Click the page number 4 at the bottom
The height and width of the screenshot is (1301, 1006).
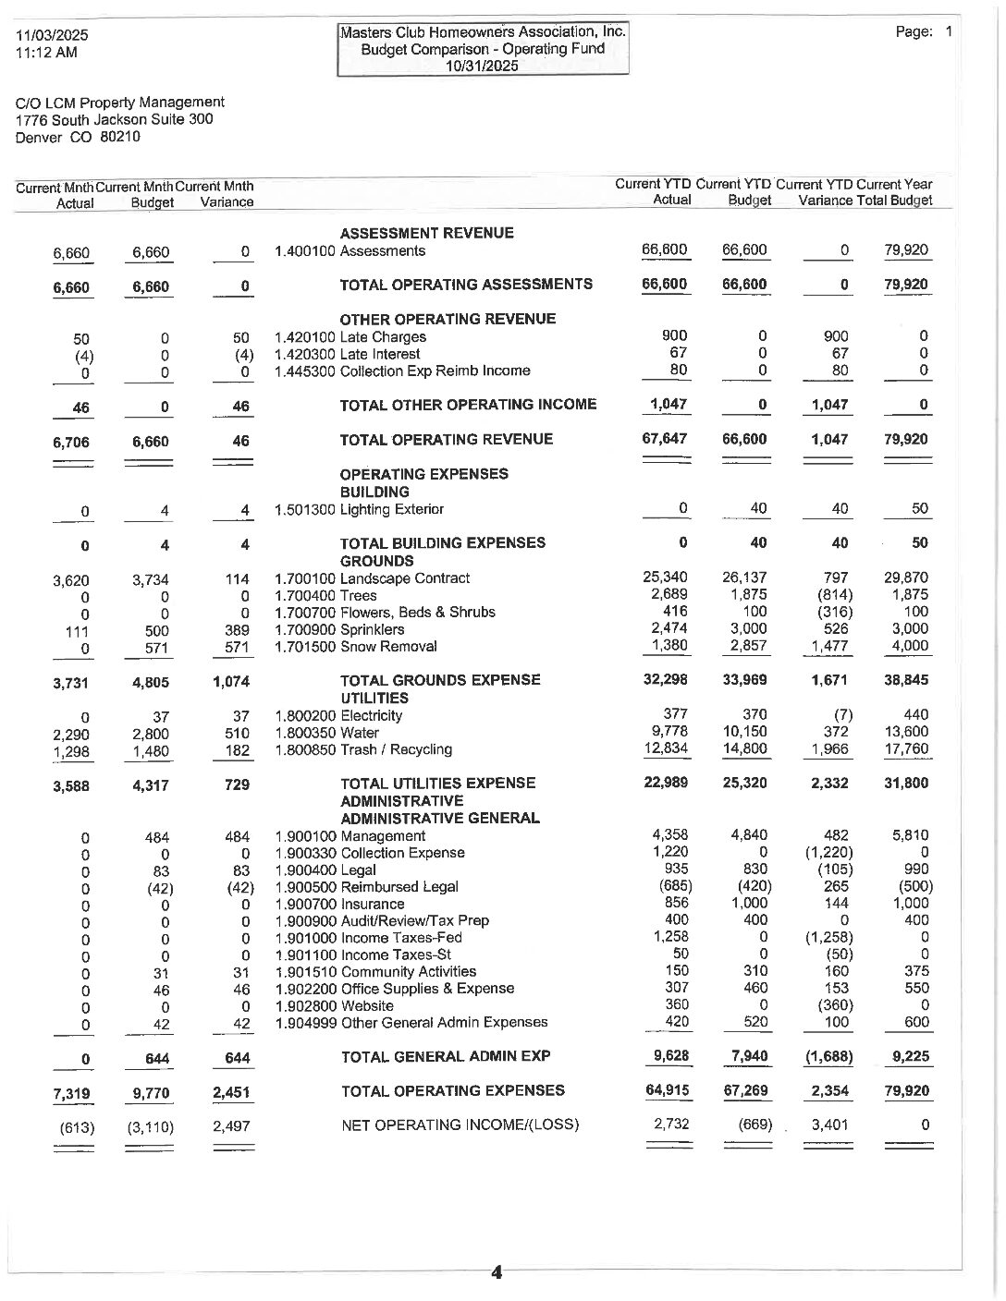point(497,1272)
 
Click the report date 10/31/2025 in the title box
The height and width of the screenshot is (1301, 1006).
point(483,66)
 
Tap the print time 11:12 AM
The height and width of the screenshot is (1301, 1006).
point(46,52)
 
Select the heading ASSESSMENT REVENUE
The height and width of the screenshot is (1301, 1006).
point(426,233)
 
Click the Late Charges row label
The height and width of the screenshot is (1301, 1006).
point(383,337)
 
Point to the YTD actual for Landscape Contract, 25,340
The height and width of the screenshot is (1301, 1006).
point(665,578)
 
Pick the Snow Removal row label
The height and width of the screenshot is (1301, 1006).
point(388,647)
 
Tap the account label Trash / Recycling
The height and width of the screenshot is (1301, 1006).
point(396,749)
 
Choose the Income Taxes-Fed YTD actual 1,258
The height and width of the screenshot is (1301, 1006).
point(669,937)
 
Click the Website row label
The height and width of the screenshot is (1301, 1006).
point(367,1005)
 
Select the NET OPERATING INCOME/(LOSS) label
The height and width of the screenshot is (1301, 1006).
point(460,1125)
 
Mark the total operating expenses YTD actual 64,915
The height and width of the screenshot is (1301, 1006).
point(666,1090)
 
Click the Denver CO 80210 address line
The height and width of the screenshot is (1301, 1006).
point(78,137)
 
